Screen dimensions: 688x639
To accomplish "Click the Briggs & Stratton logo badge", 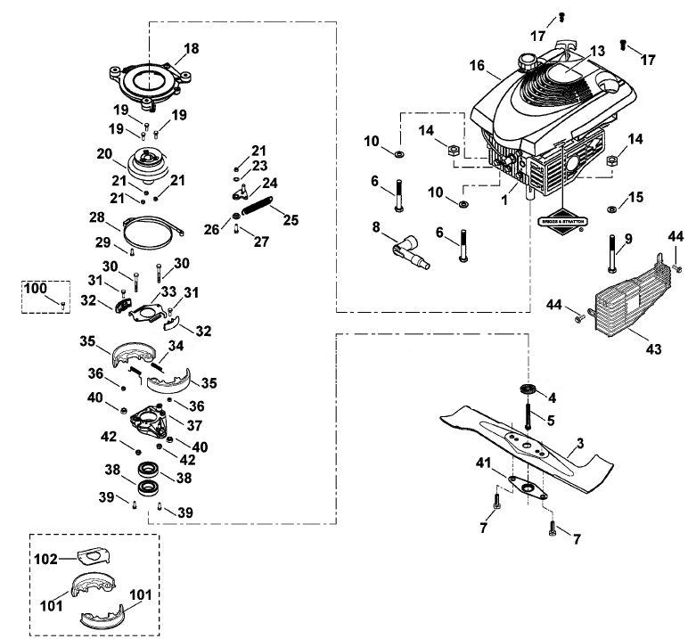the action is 563,222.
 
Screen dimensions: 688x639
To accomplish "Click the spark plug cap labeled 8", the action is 411,252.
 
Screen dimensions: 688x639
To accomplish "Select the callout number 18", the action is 192,48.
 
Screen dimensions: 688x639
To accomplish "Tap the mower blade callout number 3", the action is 580,444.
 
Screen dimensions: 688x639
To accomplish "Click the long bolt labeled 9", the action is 613,254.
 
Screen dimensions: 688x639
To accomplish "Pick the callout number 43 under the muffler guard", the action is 653,349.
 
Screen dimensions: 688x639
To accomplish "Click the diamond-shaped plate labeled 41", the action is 528,488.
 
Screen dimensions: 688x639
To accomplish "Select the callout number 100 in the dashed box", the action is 35,289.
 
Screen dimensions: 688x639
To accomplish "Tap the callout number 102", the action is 45,559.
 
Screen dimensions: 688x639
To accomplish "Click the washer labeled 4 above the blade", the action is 526,389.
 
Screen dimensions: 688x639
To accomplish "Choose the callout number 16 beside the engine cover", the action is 477,66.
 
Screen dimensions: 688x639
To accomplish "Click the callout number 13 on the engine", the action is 597,52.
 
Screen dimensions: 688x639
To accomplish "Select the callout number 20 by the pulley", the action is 104,154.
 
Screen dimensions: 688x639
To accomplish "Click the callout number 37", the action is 194,425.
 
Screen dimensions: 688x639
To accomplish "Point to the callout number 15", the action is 635,197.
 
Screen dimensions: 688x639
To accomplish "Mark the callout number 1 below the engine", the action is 504,201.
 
